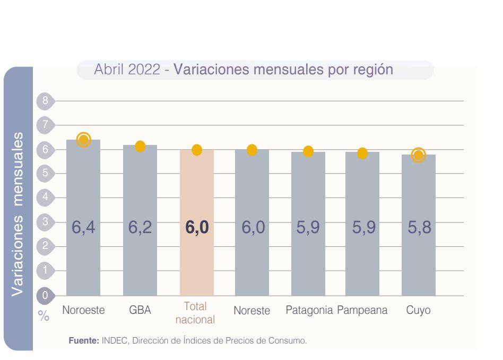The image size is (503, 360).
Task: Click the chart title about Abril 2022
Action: point(244,70)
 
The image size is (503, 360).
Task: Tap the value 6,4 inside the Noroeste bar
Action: point(83,228)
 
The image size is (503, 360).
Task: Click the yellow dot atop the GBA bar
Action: point(140,147)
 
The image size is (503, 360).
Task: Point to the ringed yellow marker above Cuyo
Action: point(419,155)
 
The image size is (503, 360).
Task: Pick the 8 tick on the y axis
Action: point(46,100)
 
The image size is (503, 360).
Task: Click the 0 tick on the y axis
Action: point(46,295)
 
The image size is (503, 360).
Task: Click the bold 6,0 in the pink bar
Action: point(197,228)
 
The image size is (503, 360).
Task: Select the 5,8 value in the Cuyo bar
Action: point(419,228)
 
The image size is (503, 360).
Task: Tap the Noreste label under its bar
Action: point(252,311)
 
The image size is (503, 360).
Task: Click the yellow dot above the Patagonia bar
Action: point(308,151)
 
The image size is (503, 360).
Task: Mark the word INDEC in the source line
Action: point(112,341)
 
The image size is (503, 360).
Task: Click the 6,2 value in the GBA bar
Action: point(140,228)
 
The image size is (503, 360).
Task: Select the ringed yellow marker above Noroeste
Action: point(83,140)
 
